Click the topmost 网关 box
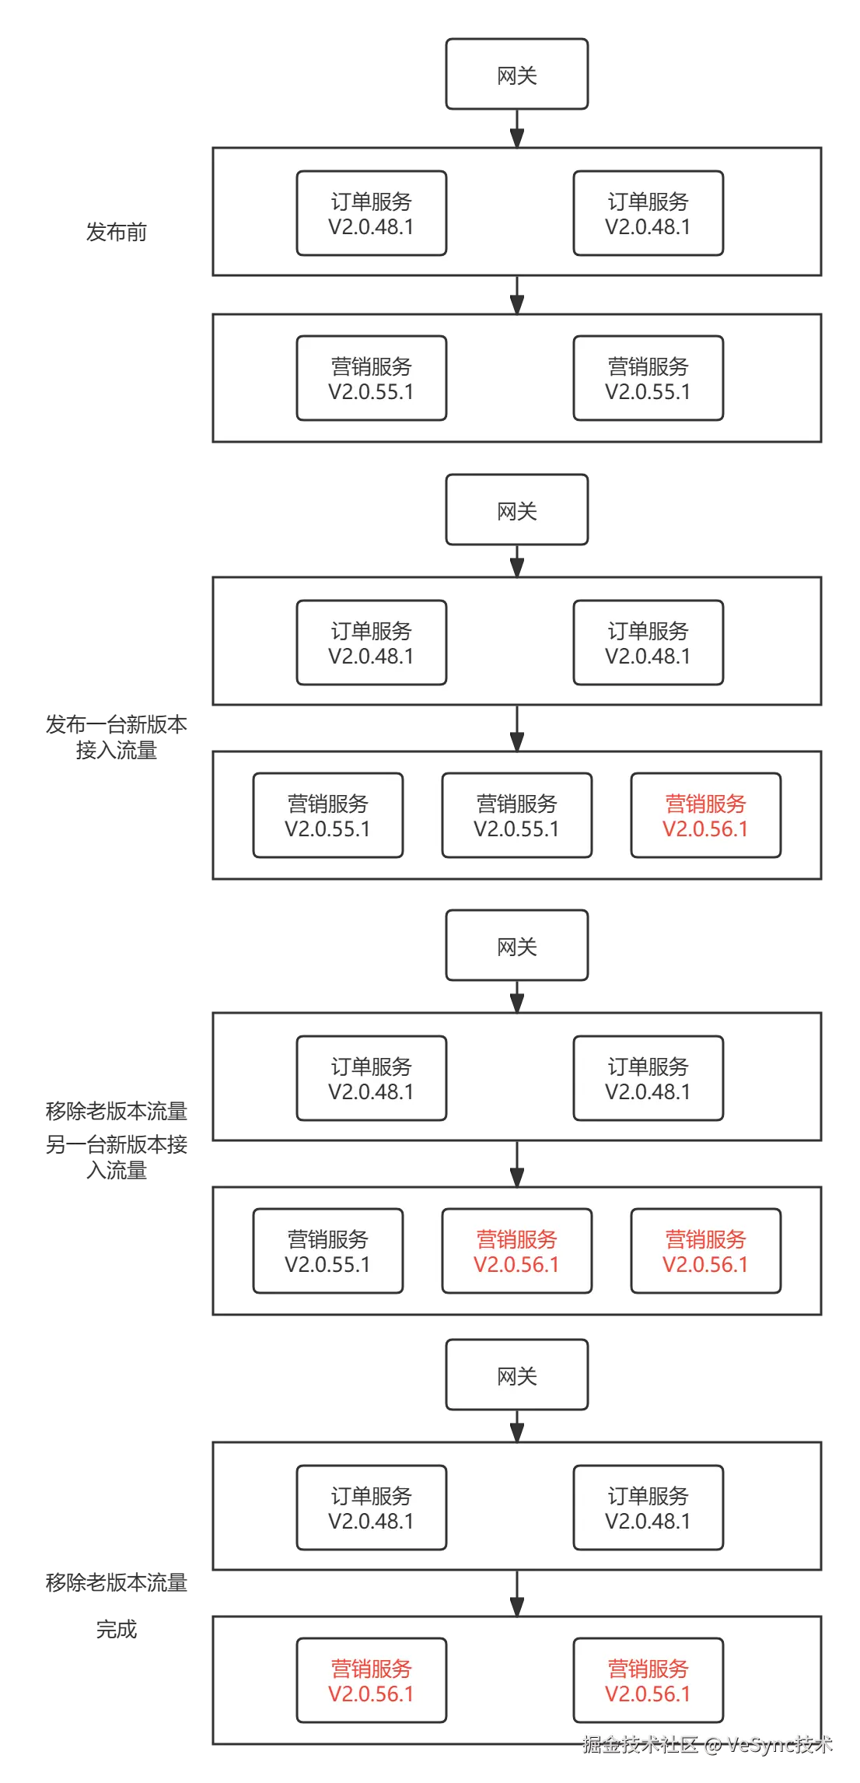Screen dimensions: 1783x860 [x=517, y=75]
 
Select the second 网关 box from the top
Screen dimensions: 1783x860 [x=517, y=510]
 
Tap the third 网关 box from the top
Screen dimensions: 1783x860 [x=517, y=946]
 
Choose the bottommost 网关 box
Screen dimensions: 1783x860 [x=517, y=1375]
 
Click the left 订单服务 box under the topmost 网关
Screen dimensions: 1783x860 [x=372, y=213]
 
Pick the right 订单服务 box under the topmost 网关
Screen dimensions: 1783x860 [x=648, y=213]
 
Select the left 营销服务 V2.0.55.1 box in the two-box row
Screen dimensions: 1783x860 [x=372, y=378]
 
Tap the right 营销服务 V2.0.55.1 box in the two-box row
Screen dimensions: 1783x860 [x=648, y=378]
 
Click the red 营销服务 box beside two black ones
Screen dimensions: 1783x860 [x=705, y=815]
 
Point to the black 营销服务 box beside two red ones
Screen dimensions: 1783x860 [x=328, y=1251]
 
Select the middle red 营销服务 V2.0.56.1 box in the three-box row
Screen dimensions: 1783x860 [x=517, y=1251]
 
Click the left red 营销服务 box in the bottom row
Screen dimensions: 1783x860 [x=372, y=1680]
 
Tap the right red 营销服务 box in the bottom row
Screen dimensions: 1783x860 [x=648, y=1680]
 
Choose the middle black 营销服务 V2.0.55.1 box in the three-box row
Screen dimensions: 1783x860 [x=517, y=815]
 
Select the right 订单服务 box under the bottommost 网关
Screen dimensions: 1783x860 [x=648, y=1508]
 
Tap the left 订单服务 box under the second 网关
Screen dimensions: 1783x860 [x=372, y=643]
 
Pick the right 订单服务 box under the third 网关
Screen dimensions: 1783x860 [x=648, y=1078]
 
